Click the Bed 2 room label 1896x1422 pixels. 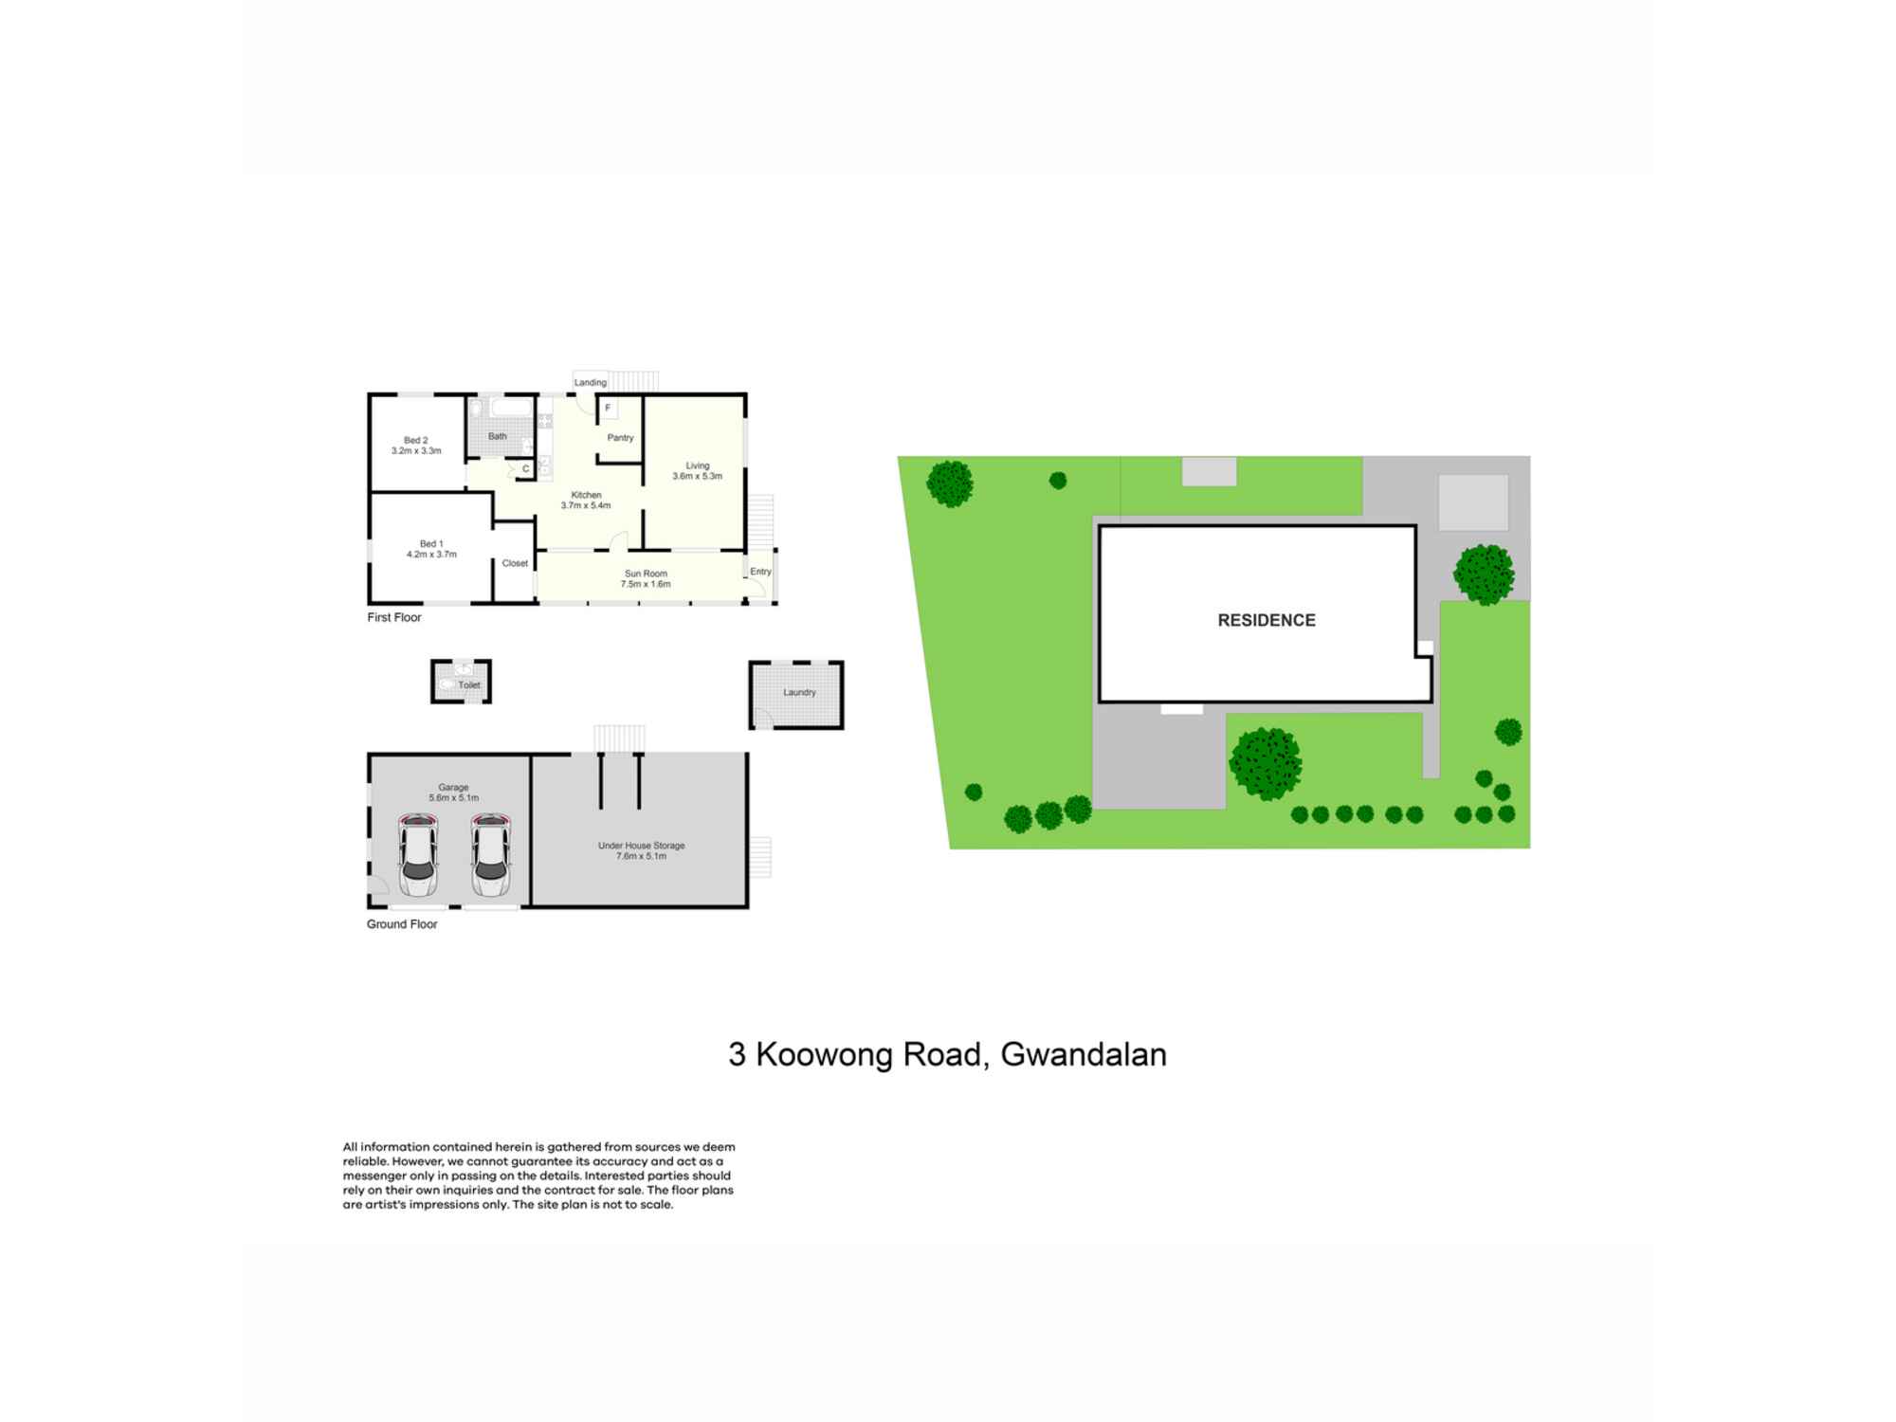415,440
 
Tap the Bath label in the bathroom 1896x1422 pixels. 497,436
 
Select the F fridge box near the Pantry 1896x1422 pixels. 608,409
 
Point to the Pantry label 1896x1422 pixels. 620,438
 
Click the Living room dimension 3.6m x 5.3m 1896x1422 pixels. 697,476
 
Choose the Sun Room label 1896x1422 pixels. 646,574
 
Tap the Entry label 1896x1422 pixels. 760,572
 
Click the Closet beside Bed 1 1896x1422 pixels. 515,563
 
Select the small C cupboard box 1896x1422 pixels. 525,468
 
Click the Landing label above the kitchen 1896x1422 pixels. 590,382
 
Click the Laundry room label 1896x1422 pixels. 799,692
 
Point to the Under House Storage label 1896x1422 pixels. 641,846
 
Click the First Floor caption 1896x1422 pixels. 394,617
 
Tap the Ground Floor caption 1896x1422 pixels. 402,924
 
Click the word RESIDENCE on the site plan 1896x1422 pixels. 1267,620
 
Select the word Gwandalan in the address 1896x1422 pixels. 1084,1054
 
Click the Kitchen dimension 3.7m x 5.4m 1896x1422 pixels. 586,505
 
